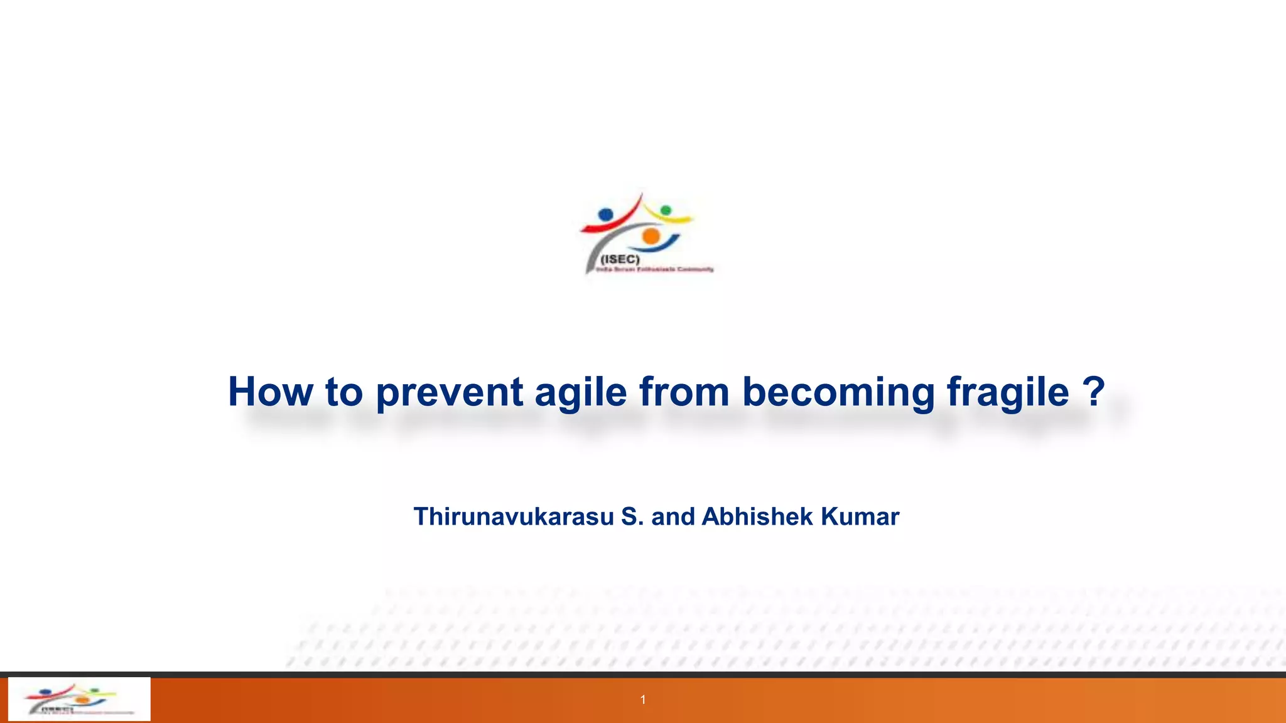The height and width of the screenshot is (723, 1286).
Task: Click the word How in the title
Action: coord(270,392)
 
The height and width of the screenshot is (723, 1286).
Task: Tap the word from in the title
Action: coord(684,392)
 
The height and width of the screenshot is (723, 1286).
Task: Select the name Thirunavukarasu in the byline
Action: coord(514,517)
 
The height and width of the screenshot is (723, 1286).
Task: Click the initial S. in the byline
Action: coord(632,517)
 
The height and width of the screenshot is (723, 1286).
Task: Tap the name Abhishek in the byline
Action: coord(758,517)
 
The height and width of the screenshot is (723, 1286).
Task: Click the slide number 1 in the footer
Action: coord(643,700)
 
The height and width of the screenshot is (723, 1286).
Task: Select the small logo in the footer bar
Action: coord(79,699)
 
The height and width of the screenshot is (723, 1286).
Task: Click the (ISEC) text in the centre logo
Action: coord(620,259)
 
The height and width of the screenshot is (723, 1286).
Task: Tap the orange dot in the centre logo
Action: coord(651,236)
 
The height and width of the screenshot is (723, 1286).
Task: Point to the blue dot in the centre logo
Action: coord(605,215)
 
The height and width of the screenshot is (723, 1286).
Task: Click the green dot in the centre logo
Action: coord(666,210)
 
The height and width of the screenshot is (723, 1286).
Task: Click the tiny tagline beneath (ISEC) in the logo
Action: coord(654,269)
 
